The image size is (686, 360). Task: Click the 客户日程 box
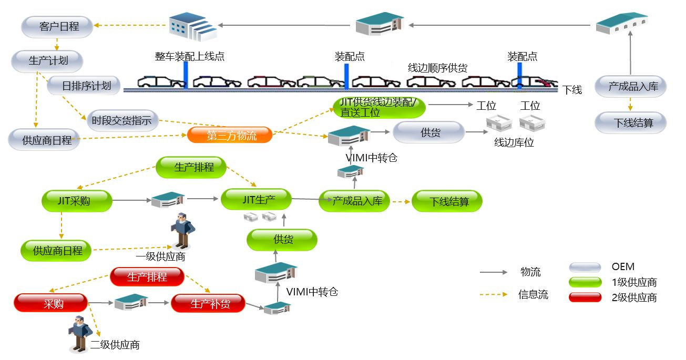tap(57, 27)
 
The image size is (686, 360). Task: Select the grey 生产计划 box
tap(48, 61)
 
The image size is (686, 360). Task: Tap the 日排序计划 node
tap(84, 86)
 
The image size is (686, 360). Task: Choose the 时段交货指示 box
tap(121, 120)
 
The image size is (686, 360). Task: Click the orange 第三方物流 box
tap(230, 136)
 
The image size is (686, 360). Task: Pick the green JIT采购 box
tap(77, 200)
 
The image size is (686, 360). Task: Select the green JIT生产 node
tap(256, 200)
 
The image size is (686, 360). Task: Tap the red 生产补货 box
tap(208, 304)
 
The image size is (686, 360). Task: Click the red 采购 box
tap(51, 303)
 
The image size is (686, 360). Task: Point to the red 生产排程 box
tap(147, 276)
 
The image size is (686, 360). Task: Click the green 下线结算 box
tap(447, 201)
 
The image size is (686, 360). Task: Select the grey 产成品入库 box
tap(631, 86)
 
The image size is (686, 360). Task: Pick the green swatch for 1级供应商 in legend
tap(585, 282)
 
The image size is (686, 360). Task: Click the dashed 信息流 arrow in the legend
tap(494, 295)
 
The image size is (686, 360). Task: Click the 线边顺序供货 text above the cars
tap(437, 68)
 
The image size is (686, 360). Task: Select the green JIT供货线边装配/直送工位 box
tap(378, 107)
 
